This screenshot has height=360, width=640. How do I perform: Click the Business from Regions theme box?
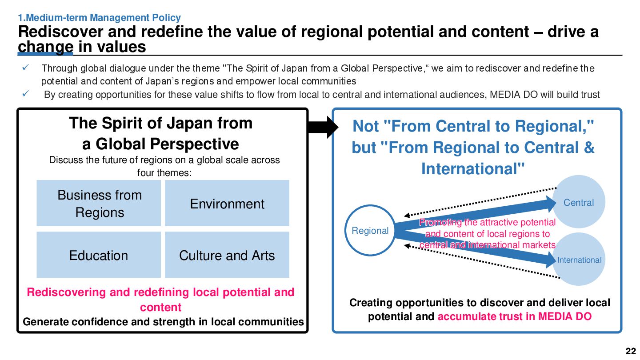point(99,203)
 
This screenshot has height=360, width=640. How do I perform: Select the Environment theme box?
point(227,203)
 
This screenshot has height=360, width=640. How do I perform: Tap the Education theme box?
point(99,255)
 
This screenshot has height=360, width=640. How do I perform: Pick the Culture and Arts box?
point(227,255)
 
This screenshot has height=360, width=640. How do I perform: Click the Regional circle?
point(370,231)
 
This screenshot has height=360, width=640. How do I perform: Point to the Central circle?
point(578,202)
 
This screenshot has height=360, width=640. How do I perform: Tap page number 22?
point(631,351)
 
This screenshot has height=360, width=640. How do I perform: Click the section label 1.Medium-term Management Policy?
point(99,18)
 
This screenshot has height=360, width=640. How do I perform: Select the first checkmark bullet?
point(25,68)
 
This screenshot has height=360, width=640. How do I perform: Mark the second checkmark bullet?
point(25,94)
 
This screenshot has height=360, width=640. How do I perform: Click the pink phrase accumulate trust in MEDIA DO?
point(515,316)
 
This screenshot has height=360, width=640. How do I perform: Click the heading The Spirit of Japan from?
point(160,123)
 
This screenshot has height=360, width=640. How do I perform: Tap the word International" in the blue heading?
point(473,169)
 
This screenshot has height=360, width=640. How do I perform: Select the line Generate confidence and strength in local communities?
point(163,322)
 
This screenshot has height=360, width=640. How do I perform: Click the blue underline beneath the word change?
point(45,54)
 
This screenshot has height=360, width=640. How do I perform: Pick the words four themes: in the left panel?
point(164,172)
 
